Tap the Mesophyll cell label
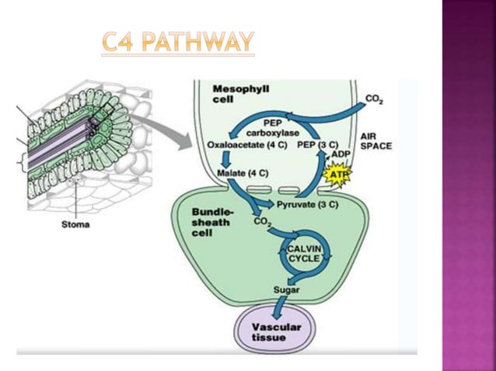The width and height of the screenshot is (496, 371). pyautogui.click(x=240, y=94)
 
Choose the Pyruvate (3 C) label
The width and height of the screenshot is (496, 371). pyautogui.click(x=307, y=204)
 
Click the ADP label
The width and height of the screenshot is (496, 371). pyautogui.click(x=341, y=154)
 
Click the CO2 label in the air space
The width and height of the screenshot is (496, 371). pyautogui.click(x=374, y=100)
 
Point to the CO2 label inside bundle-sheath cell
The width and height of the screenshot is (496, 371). pyautogui.click(x=262, y=223)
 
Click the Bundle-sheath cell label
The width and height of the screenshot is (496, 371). pyautogui.click(x=211, y=221)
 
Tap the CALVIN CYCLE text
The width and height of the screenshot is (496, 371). pyautogui.click(x=304, y=253)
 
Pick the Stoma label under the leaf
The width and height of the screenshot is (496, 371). pyautogui.click(x=75, y=225)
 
